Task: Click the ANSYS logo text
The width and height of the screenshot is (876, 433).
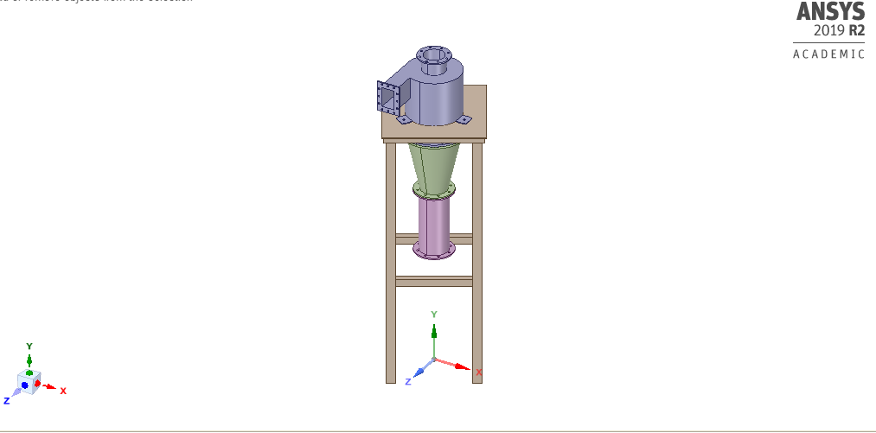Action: click(830, 12)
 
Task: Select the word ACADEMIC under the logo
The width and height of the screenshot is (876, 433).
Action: click(828, 54)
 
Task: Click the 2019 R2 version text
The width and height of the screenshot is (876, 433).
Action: click(839, 31)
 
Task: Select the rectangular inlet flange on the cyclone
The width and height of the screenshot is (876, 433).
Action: click(388, 98)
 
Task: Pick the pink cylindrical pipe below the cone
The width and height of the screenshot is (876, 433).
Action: click(434, 223)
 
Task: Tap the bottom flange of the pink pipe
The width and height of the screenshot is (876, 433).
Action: click(434, 252)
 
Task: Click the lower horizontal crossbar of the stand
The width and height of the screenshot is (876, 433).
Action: click(434, 281)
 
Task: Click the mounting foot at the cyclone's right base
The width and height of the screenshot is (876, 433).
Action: click(464, 119)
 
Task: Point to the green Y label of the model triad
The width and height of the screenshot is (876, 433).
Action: click(434, 314)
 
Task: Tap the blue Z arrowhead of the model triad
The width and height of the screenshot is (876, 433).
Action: click(419, 372)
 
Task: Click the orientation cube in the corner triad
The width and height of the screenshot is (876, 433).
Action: click(29, 381)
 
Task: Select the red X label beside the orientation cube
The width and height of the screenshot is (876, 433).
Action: click(63, 391)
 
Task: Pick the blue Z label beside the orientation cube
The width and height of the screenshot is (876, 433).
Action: click(6, 401)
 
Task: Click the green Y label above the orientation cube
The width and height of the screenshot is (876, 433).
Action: click(29, 346)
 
